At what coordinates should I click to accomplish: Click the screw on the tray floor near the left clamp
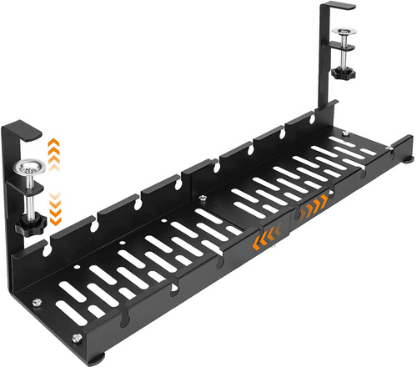(37, 302)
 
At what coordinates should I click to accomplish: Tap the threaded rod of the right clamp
(344, 53)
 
